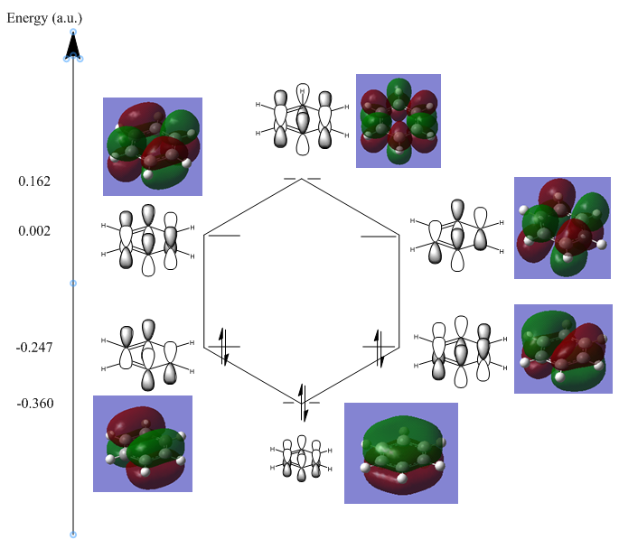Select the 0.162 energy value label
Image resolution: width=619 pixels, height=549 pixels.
click(34, 181)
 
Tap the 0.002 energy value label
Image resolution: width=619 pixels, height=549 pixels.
click(34, 231)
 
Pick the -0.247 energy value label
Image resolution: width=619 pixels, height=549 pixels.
click(34, 347)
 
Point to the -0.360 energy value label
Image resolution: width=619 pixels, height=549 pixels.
click(34, 403)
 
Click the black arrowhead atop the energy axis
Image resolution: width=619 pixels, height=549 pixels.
click(73, 45)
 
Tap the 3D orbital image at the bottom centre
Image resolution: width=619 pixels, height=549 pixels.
click(400, 452)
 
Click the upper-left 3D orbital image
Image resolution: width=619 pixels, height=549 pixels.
click(152, 146)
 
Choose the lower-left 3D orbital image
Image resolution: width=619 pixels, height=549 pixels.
click(143, 443)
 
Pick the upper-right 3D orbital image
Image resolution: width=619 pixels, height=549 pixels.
click(562, 228)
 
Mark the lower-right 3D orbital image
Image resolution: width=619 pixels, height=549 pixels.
click(563, 349)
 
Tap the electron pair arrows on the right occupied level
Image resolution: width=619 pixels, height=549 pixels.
click(379, 347)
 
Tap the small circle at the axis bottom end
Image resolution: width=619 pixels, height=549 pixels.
click(73, 535)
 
